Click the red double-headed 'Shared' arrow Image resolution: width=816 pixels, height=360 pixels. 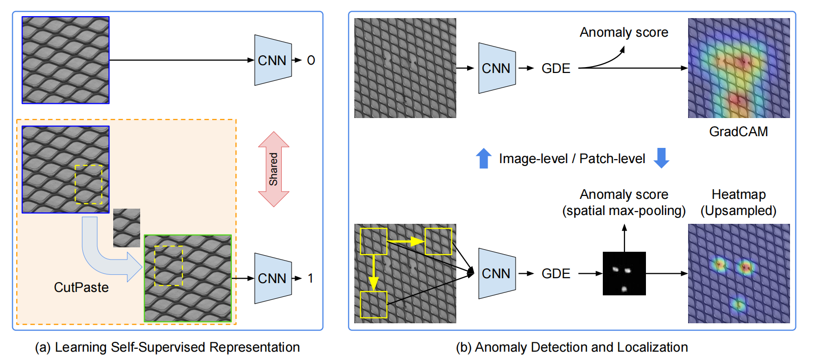[x=273, y=169]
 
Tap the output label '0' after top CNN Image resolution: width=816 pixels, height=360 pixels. [x=311, y=60]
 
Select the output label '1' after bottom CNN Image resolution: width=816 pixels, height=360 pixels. [x=310, y=278]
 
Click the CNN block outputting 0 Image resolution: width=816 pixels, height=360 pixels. [x=272, y=60]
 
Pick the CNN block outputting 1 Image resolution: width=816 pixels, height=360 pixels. [x=272, y=278]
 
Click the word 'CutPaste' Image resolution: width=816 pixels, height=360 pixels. [x=81, y=287]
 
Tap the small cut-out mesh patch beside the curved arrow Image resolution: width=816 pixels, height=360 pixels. [x=126, y=228]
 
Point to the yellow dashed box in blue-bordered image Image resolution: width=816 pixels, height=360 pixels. [x=89, y=184]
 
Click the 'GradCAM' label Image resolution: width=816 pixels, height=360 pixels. [x=738, y=131]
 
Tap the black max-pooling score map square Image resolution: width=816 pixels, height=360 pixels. [x=624, y=273]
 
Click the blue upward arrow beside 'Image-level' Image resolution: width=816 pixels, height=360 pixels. [x=484, y=158]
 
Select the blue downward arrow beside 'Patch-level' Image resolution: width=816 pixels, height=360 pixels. [x=662, y=158]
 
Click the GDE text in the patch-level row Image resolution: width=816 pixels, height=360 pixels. [x=556, y=273]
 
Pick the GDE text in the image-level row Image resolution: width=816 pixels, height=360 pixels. [x=556, y=68]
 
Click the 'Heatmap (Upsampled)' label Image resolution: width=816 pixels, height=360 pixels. [x=738, y=202]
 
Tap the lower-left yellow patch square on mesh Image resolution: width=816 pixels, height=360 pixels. [x=373, y=305]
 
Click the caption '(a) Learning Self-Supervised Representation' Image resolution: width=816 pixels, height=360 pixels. [x=167, y=347]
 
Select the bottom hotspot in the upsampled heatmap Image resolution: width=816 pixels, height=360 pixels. [x=738, y=305]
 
